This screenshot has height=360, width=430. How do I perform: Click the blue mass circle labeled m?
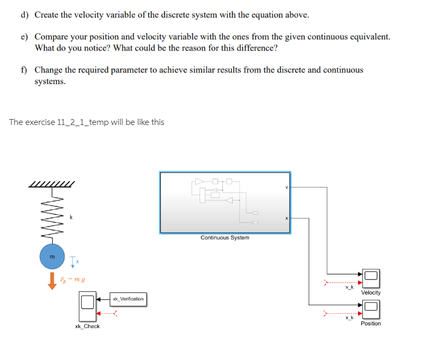pos(52,257)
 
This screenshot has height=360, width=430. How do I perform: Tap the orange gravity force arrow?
pos(52,279)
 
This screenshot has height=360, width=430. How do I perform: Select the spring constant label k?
pos(71,217)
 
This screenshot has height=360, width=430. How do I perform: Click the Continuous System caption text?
pos(225,238)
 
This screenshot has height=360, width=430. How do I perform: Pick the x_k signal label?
pos(349,318)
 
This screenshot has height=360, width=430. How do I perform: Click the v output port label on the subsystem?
pos(286,187)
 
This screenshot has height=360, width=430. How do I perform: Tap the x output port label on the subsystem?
pos(286,218)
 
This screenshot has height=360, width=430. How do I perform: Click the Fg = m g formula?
pos(73,279)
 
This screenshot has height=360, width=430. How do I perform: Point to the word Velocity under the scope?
pos(370,292)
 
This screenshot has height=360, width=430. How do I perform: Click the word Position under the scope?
pos(370,323)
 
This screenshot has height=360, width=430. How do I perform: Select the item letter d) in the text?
pos(24,14)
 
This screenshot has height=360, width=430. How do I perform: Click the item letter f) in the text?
pos(24,70)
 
